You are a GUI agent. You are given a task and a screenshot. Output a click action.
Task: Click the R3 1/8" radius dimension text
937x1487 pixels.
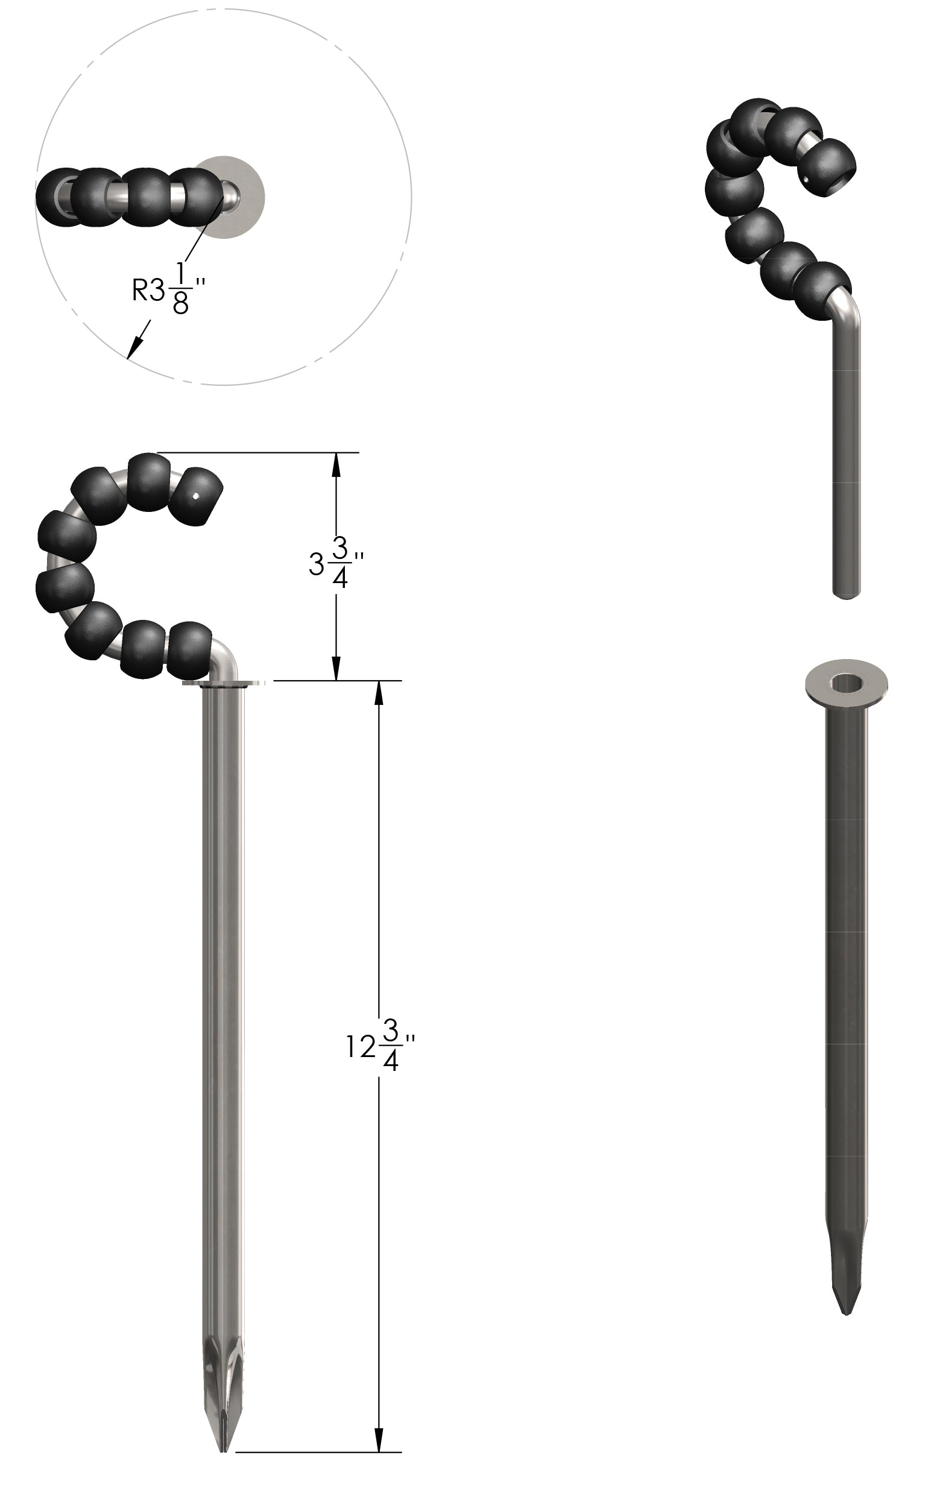[168, 288]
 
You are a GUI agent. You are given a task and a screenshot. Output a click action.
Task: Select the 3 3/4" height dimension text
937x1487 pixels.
[336, 563]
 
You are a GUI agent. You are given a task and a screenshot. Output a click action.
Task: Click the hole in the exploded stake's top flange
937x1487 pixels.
[847, 683]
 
